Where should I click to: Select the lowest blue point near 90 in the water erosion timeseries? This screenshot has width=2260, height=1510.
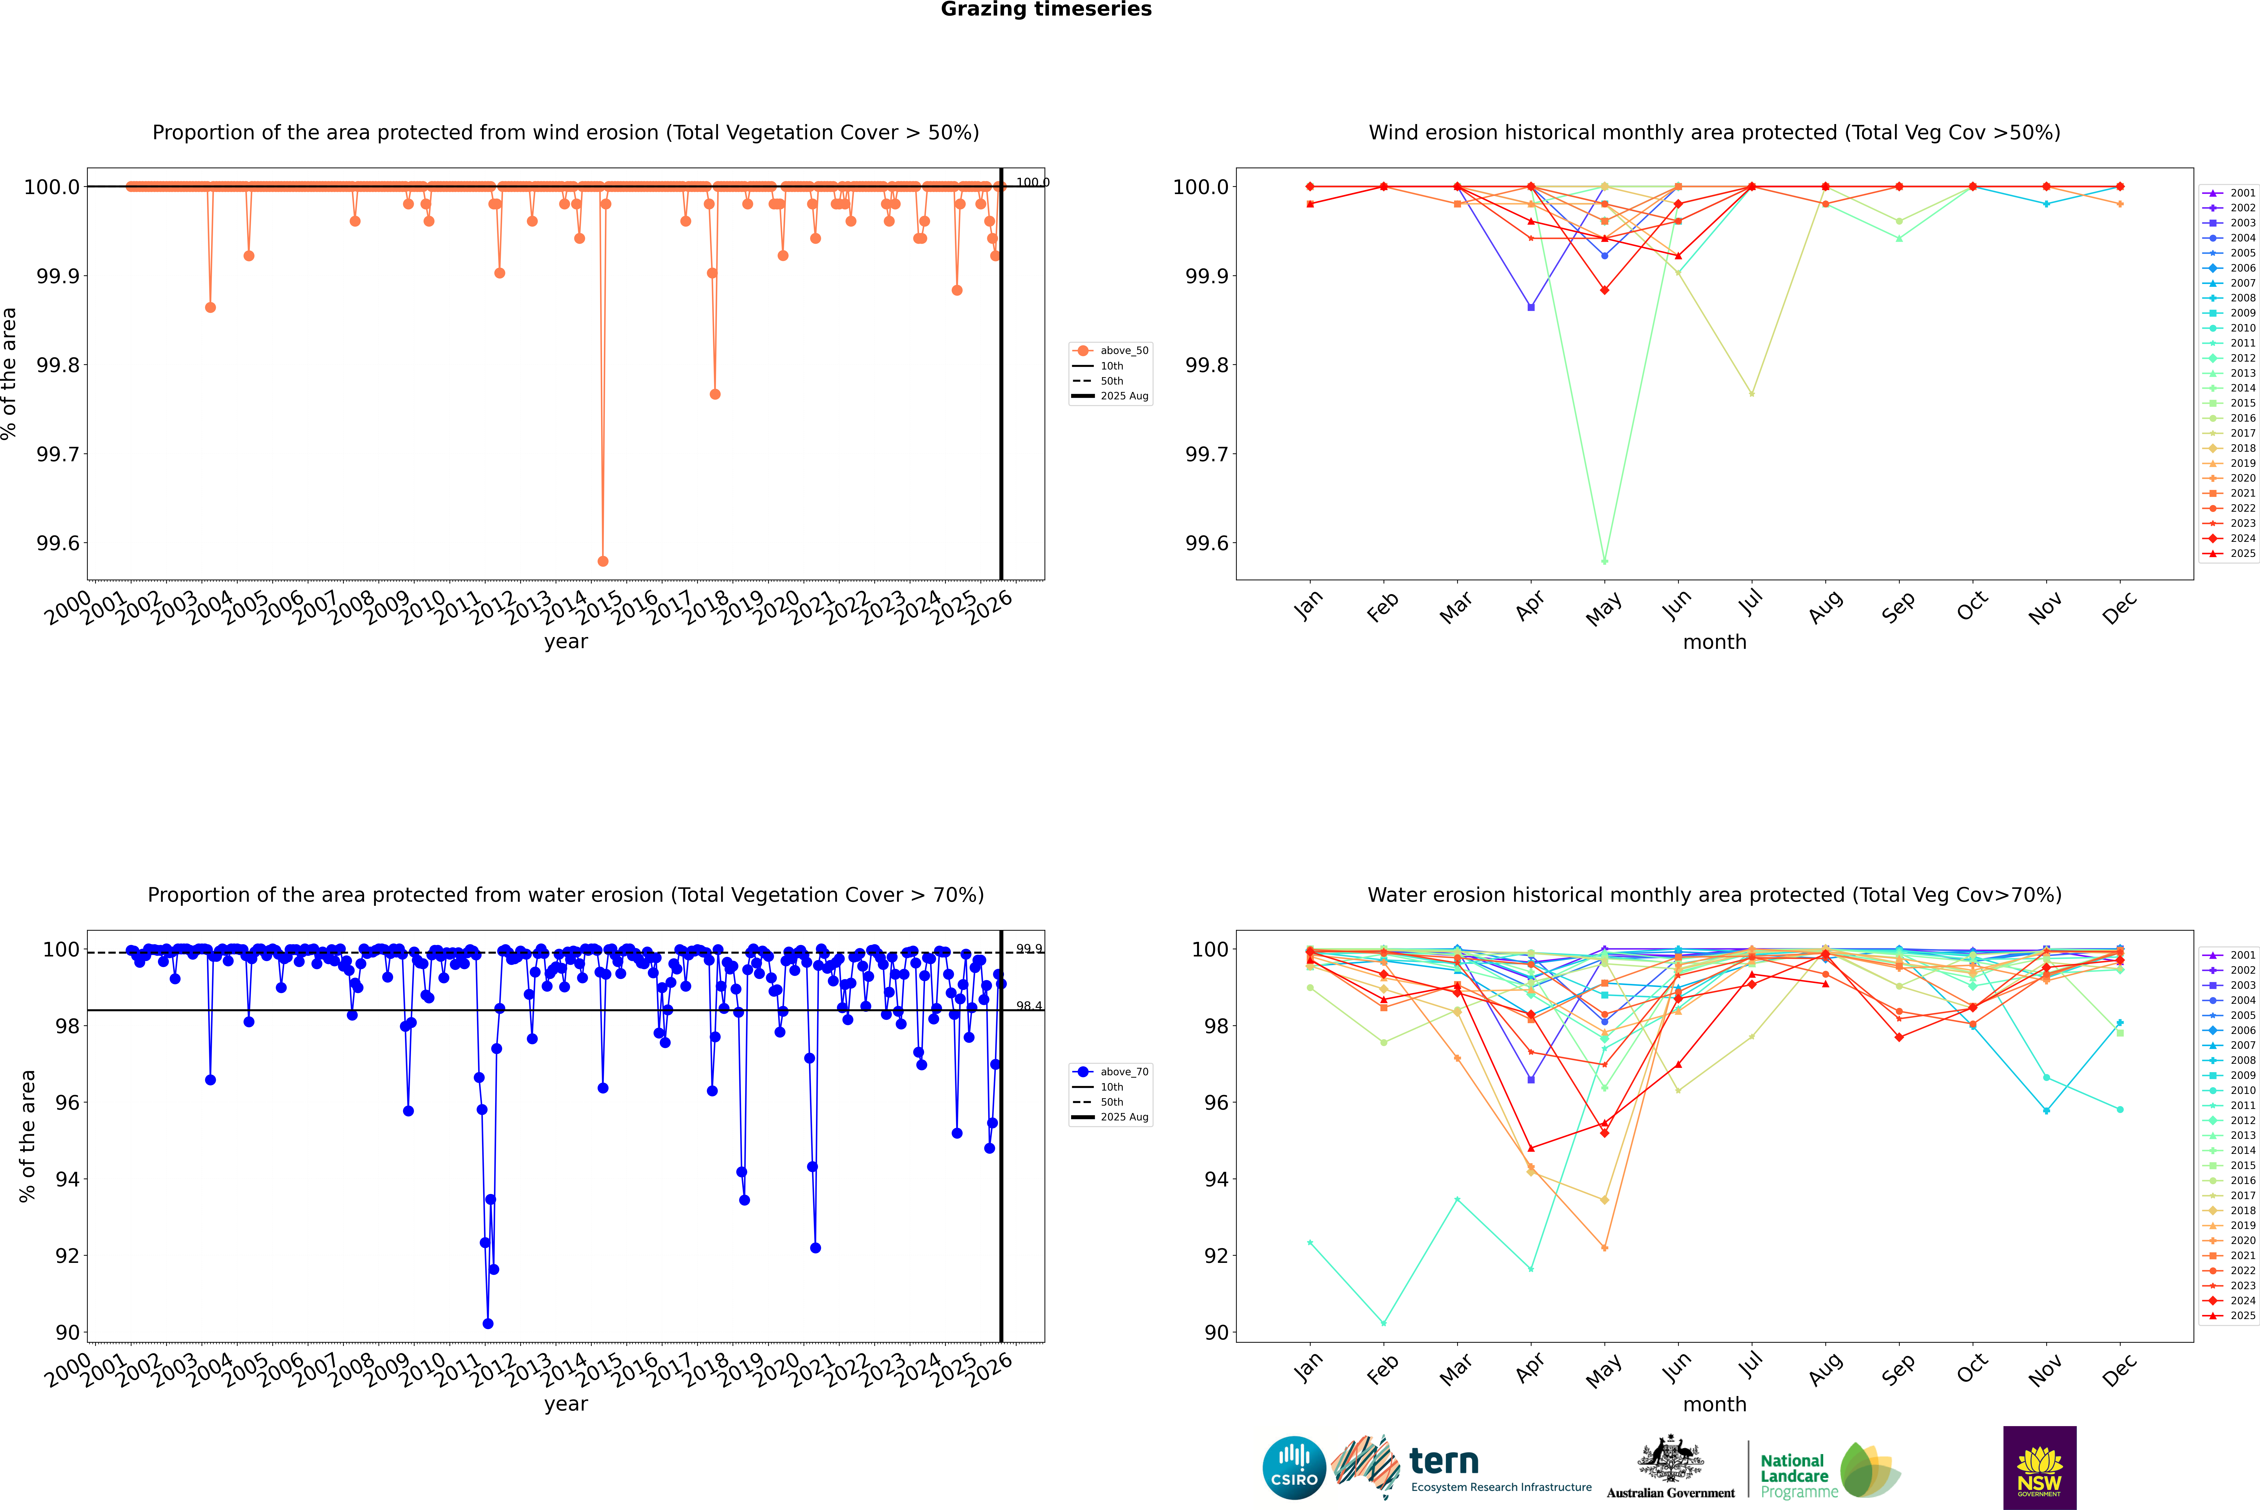point(487,1323)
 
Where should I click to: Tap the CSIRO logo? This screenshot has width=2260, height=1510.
point(1294,1468)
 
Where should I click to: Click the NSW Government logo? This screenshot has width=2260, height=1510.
point(2039,1468)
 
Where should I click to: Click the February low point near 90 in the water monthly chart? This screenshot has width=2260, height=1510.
point(1383,1323)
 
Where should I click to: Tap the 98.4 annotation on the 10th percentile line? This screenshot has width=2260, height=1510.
point(1029,1006)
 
